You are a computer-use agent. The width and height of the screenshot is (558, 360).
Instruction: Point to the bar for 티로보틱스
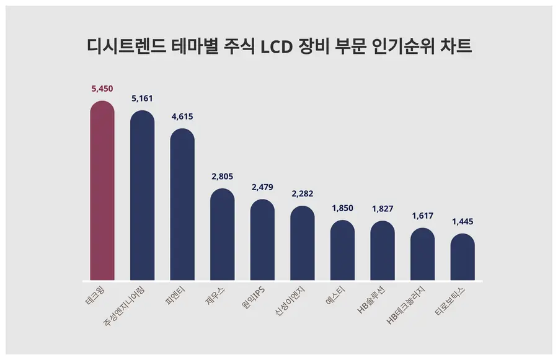pos(463,257)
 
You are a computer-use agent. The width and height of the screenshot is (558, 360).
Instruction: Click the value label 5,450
pos(102,89)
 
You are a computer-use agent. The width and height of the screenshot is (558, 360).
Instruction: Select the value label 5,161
pos(142,99)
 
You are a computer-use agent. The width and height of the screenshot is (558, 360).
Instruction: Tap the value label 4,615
pos(182,116)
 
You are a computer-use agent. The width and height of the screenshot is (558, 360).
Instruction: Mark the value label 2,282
pos(303,194)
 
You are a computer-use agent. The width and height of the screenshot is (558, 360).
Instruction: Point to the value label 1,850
pos(342,208)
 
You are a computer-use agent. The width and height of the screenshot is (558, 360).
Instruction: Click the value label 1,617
pos(422,216)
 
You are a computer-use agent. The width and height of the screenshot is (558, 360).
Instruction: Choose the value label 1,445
pos(463,222)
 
